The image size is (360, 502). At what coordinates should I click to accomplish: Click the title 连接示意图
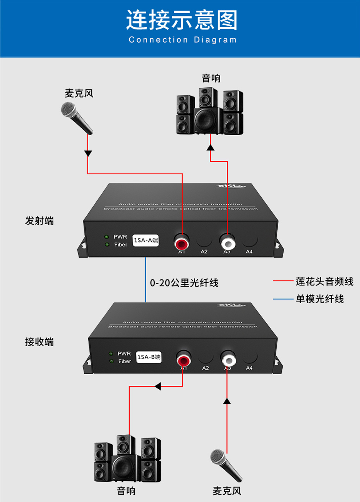[x=182, y=20]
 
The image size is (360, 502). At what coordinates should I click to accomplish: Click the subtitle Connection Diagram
[x=182, y=40]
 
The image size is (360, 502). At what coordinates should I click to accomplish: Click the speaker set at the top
[x=210, y=112]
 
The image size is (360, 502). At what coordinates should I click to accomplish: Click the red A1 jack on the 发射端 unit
[x=182, y=243]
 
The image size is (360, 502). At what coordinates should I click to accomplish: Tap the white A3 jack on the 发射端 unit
[x=227, y=243]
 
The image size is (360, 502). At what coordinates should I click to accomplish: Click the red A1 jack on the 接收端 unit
[x=183, y=360]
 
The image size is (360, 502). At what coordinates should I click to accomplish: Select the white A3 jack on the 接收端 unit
[x=228, y=360]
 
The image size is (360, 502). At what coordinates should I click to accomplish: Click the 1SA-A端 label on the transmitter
[x=146, y=241]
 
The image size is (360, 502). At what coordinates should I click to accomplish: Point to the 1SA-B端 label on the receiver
[x=149, y=357]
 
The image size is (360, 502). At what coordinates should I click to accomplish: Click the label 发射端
[x=39, y=221]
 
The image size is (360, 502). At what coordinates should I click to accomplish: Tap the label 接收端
[x=39, y=342]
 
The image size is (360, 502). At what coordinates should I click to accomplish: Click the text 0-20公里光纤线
[x=184, y=283]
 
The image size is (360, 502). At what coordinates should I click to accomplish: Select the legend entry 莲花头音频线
[x=324, y=282]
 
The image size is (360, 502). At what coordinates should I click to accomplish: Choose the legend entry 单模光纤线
[x=320, y=299]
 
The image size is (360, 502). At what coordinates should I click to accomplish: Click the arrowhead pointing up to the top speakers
[x=210, y=148]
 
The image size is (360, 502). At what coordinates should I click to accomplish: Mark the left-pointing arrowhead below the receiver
[x=158, y=386]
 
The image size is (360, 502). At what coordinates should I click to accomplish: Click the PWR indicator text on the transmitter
[x=120, y=237]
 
